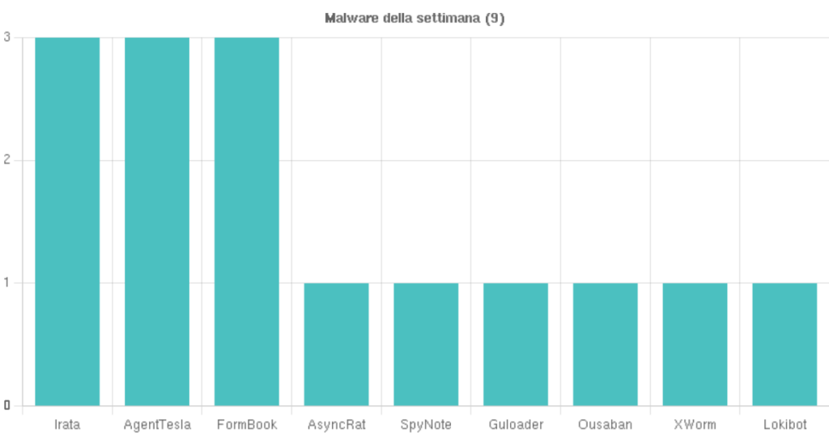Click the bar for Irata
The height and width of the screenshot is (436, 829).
67,221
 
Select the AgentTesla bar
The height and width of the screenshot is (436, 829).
157,221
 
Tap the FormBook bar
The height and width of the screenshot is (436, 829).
247,221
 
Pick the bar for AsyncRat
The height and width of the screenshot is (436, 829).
336,344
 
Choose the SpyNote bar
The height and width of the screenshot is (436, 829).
426,344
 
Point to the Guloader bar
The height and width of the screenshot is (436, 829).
516,344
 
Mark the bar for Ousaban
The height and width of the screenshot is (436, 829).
606,344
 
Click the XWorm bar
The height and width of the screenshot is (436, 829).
695,344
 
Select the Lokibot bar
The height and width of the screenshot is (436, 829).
784,344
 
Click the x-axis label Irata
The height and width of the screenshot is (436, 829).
67,425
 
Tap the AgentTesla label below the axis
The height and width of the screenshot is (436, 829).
157,425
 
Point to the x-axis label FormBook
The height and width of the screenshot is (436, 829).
247,425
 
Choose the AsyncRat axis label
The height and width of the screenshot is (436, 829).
336,425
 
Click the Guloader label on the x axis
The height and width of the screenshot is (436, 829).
516,425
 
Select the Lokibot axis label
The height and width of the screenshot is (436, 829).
784,425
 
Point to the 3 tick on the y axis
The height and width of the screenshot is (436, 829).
6,37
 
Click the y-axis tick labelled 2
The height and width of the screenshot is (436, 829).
6,160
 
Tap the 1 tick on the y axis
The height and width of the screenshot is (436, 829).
6,283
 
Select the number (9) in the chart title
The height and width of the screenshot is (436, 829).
495,18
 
